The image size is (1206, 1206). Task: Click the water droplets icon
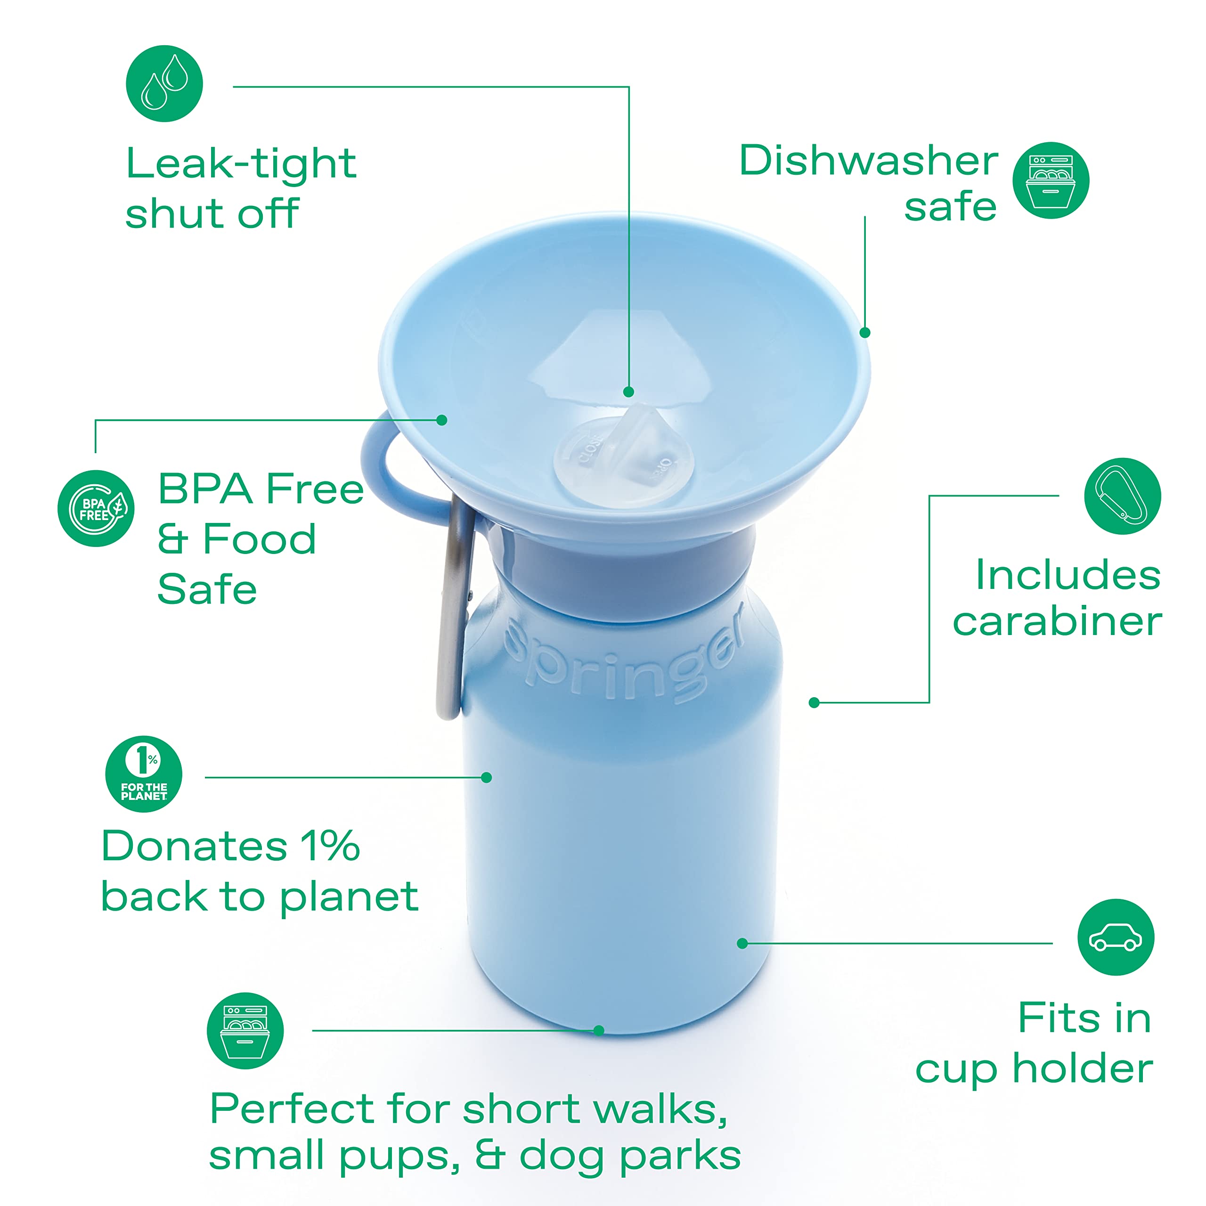(164, 83)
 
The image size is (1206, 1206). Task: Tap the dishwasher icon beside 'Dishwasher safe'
(1051, 180)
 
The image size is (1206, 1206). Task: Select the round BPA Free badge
(96, 508)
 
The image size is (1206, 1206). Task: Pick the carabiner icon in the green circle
(1122, 496)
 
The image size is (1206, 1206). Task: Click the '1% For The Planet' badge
(144, 774)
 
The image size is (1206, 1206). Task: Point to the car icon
(1116, 937)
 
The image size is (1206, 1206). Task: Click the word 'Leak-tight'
(241, 163)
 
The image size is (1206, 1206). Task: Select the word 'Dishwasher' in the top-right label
(868, 161)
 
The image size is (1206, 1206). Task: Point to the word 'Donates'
(194, 847)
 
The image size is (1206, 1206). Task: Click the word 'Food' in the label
(260, 539)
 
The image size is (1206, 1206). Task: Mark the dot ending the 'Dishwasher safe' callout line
(864, 333)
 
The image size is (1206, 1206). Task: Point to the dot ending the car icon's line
(742, 943)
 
